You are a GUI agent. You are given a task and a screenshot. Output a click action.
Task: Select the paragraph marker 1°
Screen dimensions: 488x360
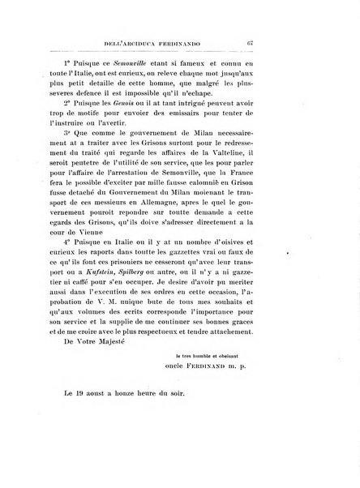92,62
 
